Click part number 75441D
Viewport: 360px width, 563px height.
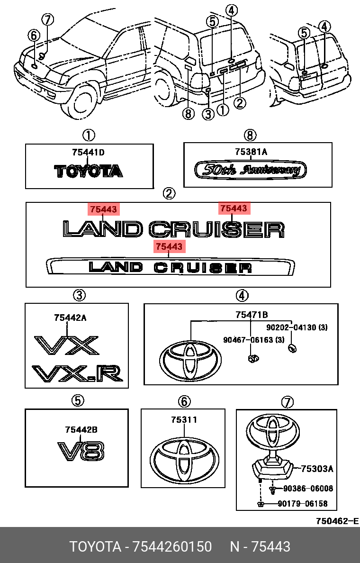pos(88,153)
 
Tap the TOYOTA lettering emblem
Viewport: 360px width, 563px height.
pos(89,171)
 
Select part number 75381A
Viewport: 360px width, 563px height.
pos(251,152)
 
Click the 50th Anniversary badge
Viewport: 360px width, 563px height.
pos(251,170)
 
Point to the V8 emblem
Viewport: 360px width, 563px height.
pos(81,451)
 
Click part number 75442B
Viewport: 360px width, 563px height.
pos(81,430)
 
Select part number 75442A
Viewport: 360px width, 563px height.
pos(70,318)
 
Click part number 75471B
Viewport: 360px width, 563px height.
pos(252,314)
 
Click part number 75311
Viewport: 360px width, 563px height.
pos(184,420)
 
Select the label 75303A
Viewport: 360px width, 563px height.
pos(317,469)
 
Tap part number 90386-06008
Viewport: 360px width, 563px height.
pos(308,489)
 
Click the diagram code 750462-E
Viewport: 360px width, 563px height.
pos(337,521)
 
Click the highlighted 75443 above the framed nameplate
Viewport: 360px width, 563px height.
pos(169,246)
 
